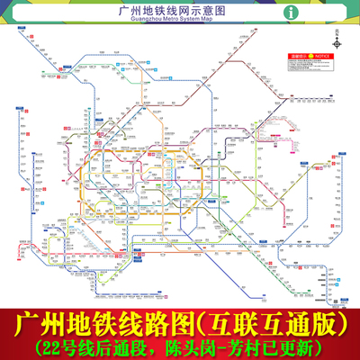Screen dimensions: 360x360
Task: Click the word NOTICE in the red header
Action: pos(323,56)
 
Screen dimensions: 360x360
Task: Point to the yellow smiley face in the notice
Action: pos(310,56)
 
